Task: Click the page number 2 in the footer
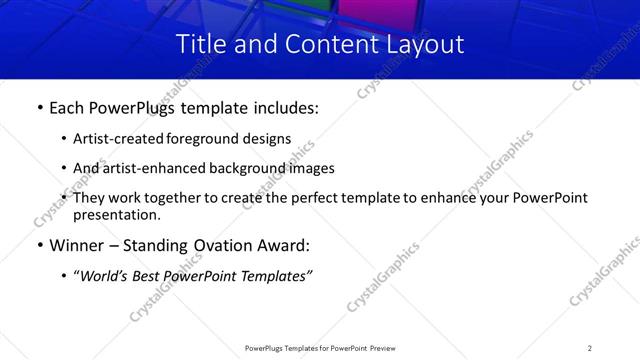pos(589,347)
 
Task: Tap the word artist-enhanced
pos(148,168)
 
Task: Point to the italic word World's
pos(107,276)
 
